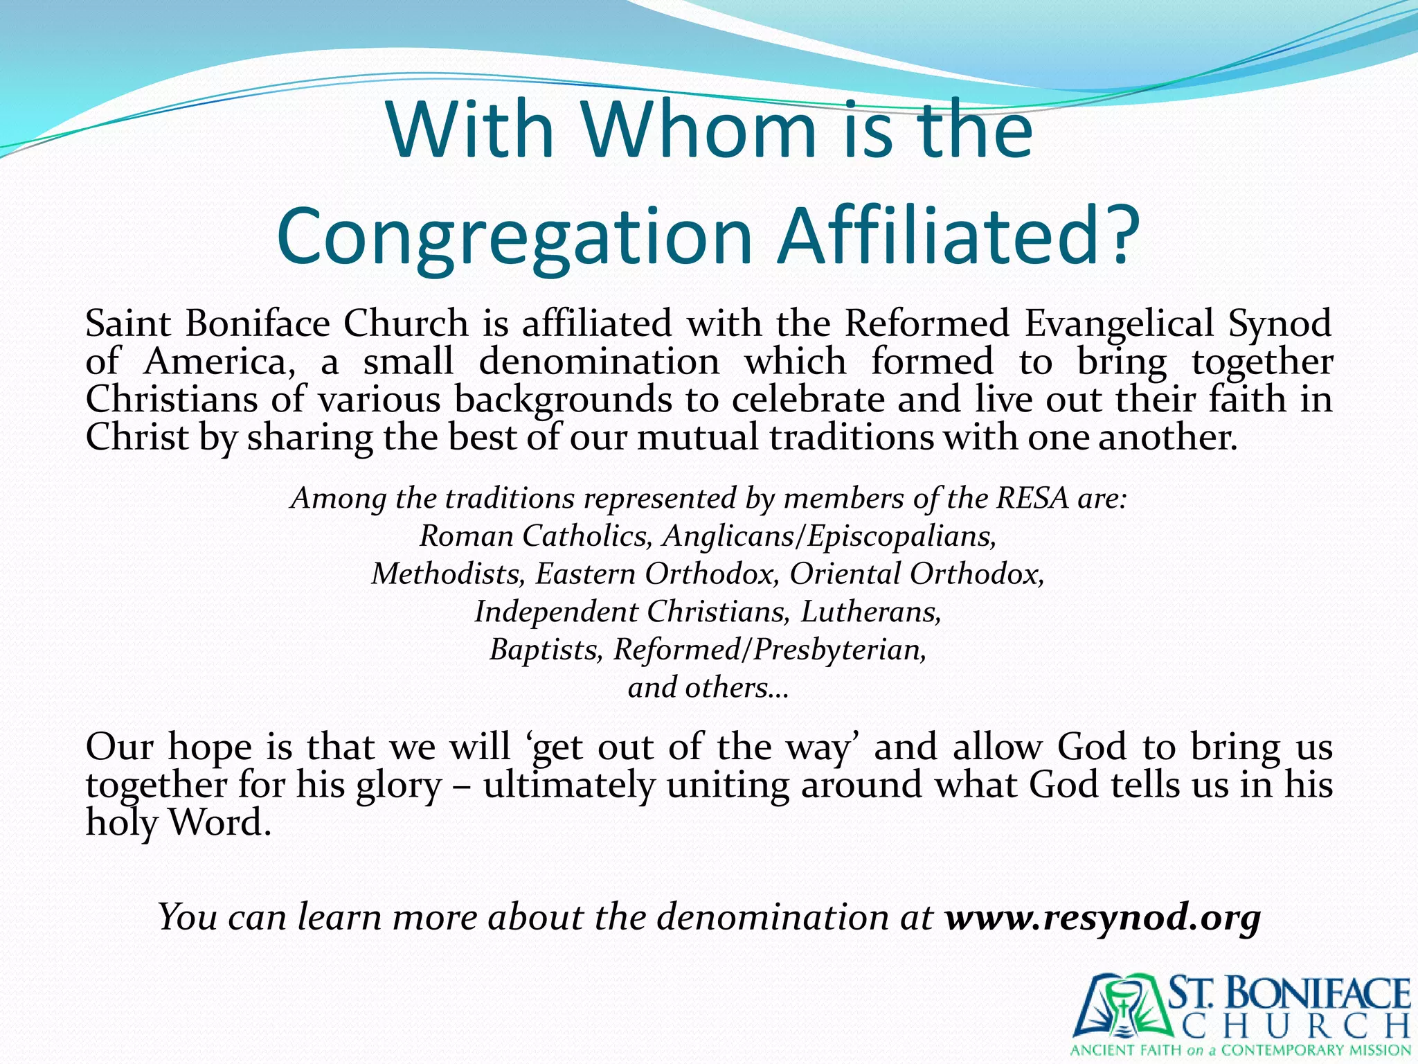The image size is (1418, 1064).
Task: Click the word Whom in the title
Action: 699,130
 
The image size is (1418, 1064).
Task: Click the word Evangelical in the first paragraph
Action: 1119,323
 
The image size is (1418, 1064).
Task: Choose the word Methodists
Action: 447,574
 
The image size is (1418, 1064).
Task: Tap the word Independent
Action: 556,612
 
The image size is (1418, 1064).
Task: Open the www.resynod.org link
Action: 1103,917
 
